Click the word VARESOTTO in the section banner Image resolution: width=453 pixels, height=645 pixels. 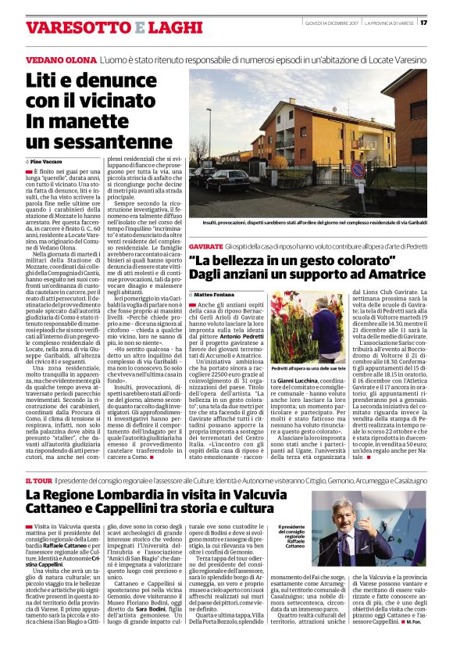pyautogui.click(x=75, y=28)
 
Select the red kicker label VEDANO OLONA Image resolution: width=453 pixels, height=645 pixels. pyautogui.click(x=57, y=60)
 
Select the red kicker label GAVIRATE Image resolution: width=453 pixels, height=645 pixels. pyautogui.click(x=206, y=245)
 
